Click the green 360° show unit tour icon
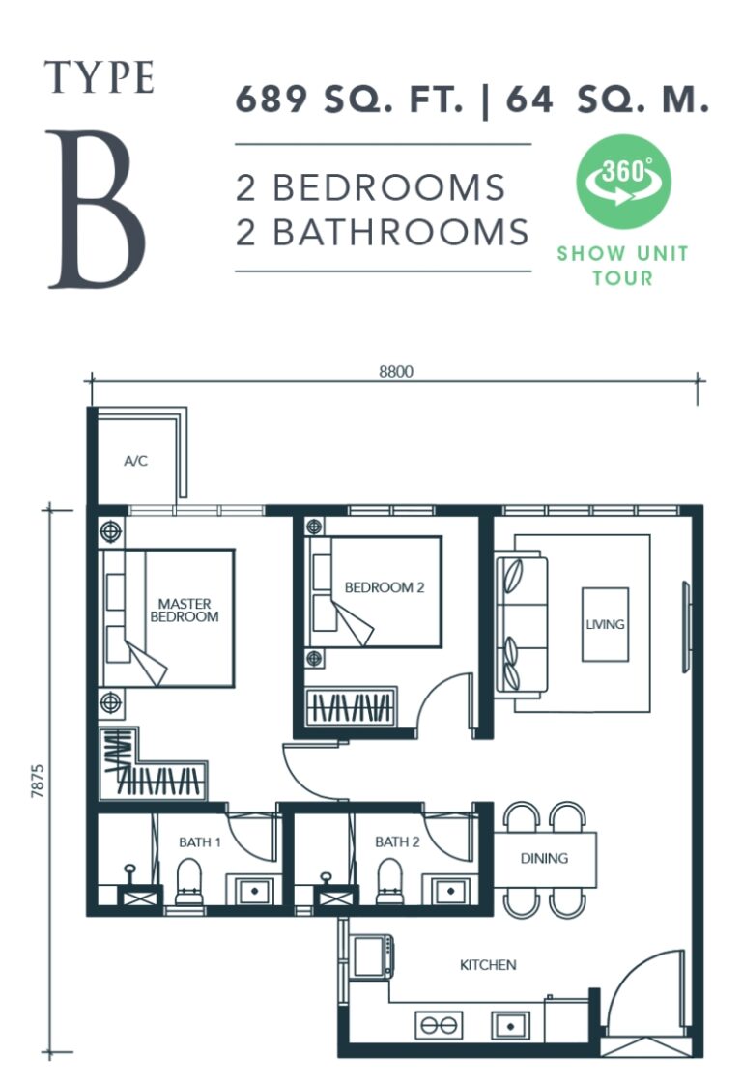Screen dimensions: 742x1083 pos(624,181)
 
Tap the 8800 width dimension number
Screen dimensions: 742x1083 pos(396,372)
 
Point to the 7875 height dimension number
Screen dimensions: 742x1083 pos(38,782)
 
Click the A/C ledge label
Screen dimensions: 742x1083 pos(135,461)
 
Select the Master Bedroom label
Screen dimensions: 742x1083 pos(184,611)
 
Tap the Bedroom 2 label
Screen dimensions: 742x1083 pos(385,587)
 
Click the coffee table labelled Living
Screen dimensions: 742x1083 pos(605,624)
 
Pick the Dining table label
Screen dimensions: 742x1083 pos(544,859)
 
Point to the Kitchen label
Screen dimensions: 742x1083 pos(488,965)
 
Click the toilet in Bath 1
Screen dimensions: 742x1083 pos(188,881)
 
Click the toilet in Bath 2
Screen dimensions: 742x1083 pos(389,881)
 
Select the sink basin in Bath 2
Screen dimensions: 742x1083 pos(450,891)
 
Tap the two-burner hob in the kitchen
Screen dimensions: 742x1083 pos(439,1026)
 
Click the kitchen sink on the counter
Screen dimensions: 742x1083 pos(510,1026)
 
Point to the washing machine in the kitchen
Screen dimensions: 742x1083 pos(372,956)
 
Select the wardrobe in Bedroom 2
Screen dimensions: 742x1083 pos(351,706)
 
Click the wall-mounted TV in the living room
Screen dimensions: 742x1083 pos(686,627)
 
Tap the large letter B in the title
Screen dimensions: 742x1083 pos(96,210)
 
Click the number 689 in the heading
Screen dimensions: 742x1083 pos(271,100)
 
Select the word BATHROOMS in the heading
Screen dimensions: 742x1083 pos(401,232)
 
